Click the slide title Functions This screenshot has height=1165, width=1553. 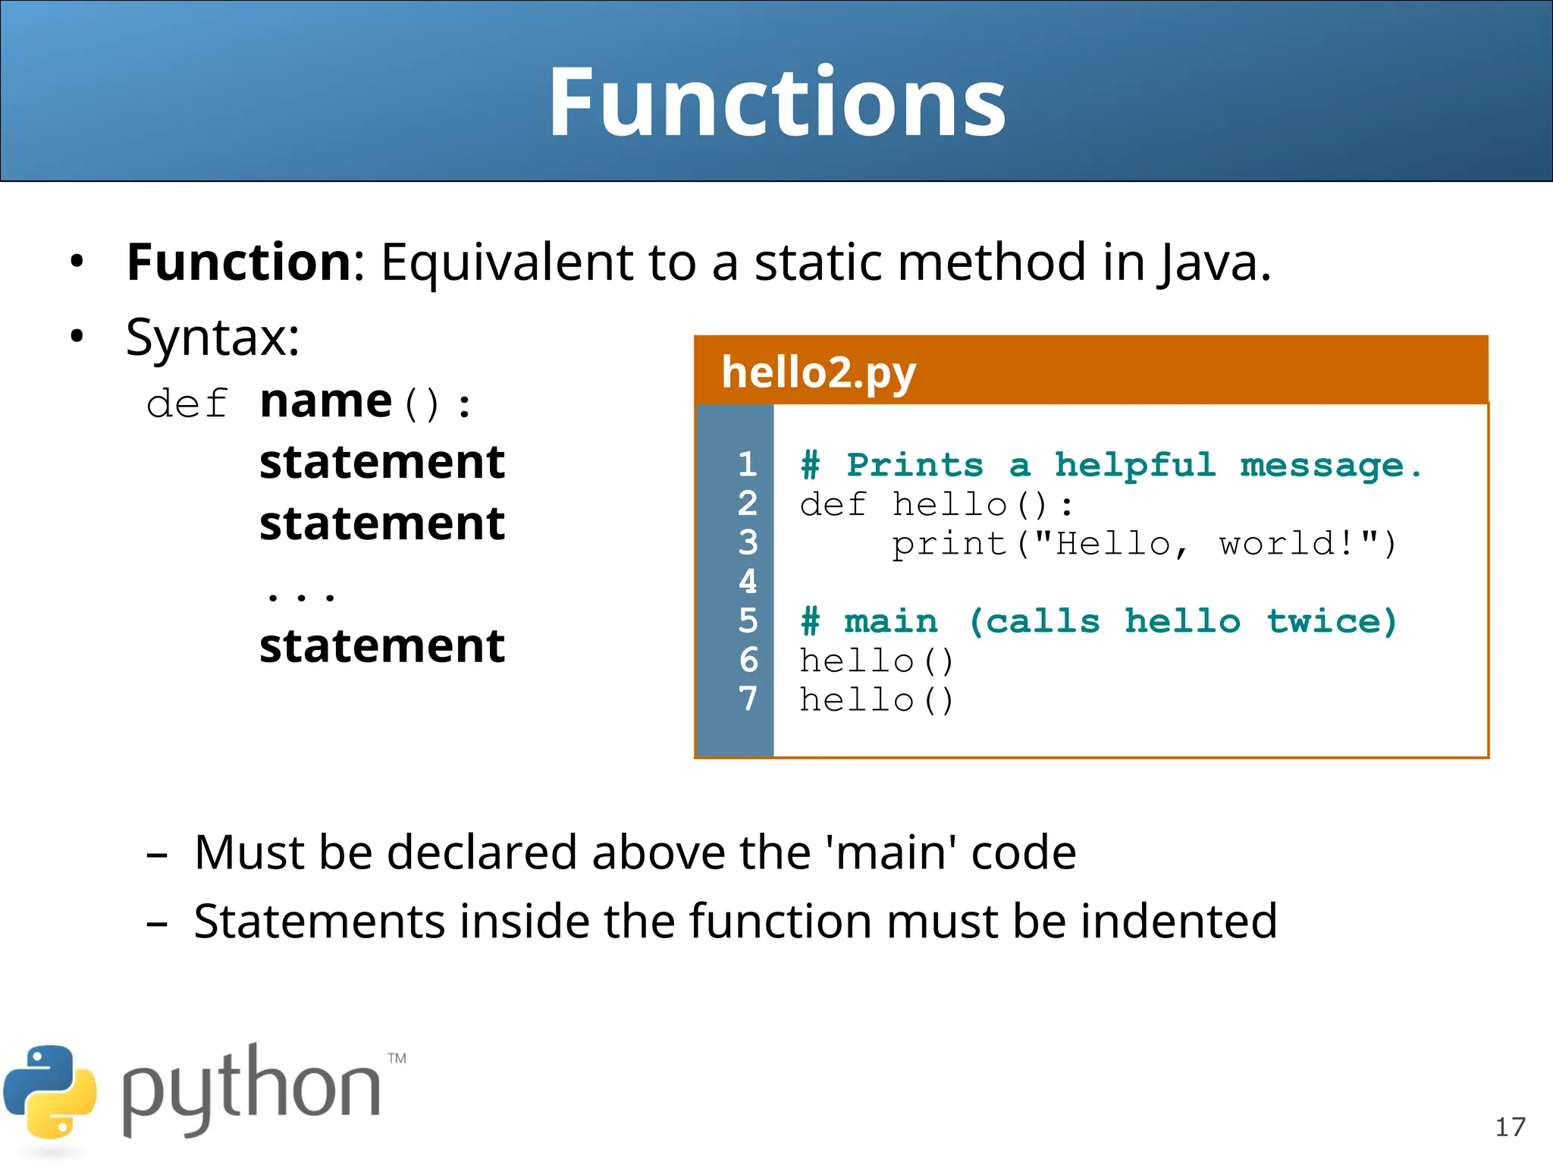(x=776, y=102)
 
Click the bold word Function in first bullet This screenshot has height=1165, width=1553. (x=238, y=262)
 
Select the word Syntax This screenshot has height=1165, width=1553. (x=212, y=338)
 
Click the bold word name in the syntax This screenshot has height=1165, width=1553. (x=325, y=402)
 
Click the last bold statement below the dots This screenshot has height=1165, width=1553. (x=381, y=646)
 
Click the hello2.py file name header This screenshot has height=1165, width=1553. (x=818, y=372)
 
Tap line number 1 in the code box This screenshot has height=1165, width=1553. (x=747, y=464)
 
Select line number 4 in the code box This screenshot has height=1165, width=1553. (x=747, y=582)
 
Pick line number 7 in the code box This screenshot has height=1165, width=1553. (x=747, y=699)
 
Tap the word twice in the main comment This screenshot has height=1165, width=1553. (x=1332, y=621)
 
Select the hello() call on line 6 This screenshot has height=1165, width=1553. (x=876, y=661)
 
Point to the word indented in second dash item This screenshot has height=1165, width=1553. (x=1178, y=922)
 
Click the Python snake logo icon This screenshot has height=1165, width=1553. (x=50, y=1092)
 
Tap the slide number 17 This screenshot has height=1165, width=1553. (x=1510, y=1127)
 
